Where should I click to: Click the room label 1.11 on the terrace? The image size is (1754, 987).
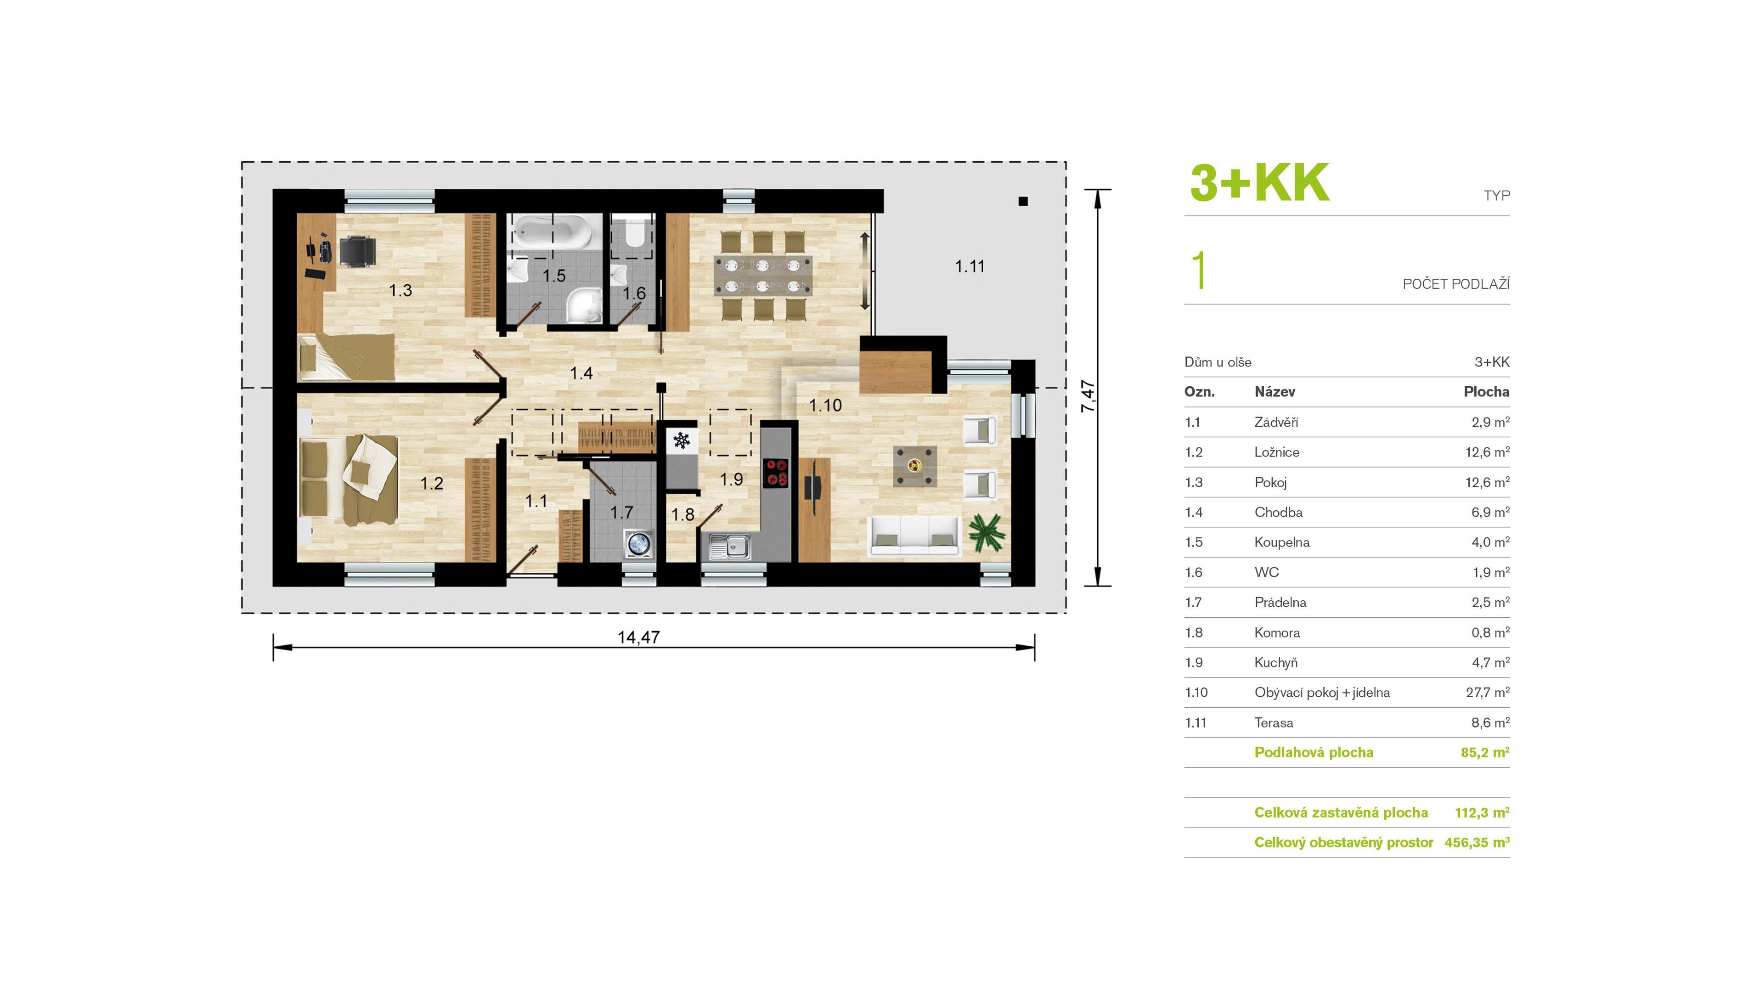click(970, 266)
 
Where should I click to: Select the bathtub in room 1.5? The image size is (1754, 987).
click(552, 231)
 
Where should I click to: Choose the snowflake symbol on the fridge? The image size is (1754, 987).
click(682, 440)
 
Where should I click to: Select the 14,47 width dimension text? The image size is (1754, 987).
click(638, 637)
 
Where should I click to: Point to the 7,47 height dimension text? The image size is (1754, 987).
click(1088, 396)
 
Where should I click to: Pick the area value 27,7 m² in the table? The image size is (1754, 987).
click(1487, 692)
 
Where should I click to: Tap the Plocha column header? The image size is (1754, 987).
click(1486, 391)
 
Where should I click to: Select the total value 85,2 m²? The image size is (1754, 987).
click(1484, 752)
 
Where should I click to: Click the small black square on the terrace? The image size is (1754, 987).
click(1023, 202)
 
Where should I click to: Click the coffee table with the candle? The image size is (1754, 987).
click(914, 466)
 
